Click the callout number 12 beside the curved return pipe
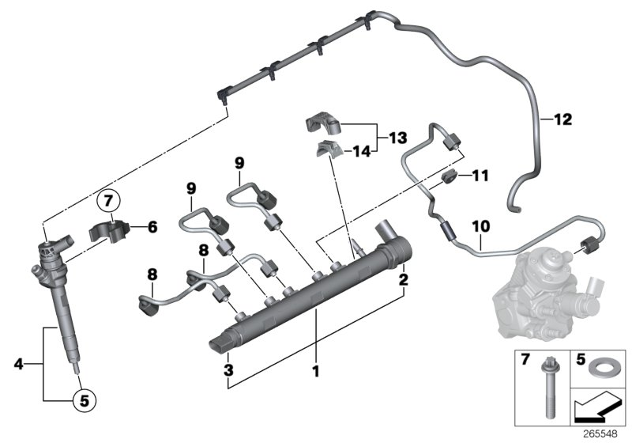click(x=562, y=120)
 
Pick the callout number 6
click(x=153, y=227)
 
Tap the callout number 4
click(x=19, y=365)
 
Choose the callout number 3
click(x=228, y=369)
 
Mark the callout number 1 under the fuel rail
click(x=316, y=369)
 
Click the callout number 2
click(x=403, y=280)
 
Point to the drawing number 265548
click(x=602, y=435)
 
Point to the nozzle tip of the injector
click(x=75, y=372)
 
